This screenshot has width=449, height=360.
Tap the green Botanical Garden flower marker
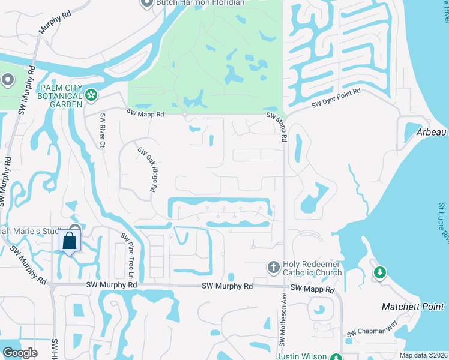(91, 94)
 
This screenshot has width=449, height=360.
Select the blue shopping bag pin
(70, 241)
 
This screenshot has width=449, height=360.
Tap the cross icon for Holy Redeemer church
(273, 267)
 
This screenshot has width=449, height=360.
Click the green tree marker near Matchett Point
(379, 273)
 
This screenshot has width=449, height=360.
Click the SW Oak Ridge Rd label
(148, 170)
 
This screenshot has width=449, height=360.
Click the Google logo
(20, 352)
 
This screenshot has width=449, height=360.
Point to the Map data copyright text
(423, 355)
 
